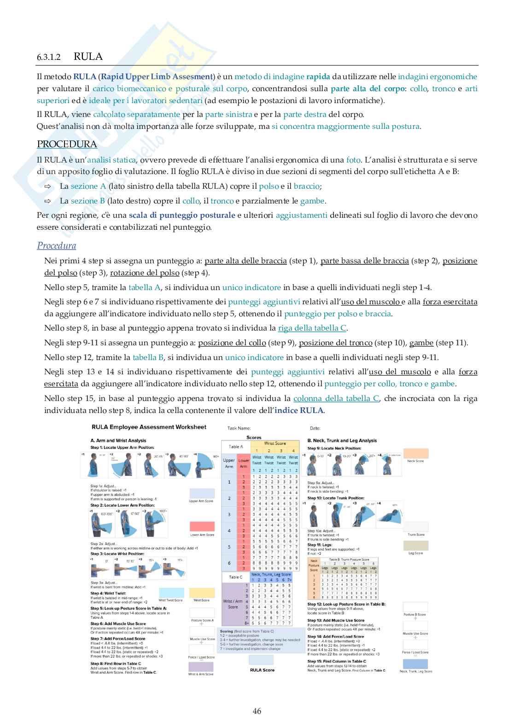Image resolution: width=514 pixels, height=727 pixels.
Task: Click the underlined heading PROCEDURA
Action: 67,144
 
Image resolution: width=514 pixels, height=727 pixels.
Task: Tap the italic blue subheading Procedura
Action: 57,245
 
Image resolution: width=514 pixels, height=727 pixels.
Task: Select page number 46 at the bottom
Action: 257,711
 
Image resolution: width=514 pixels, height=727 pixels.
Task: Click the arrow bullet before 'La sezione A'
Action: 48,186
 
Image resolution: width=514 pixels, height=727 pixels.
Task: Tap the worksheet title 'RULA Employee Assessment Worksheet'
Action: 149,427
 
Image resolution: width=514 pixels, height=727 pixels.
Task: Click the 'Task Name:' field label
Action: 239,428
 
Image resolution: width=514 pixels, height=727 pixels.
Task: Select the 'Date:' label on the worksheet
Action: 315,428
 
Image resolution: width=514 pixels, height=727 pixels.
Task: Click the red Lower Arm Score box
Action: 202,527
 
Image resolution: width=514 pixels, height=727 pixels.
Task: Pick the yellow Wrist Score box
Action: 201,593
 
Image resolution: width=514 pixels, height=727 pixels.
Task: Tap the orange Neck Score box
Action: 415,453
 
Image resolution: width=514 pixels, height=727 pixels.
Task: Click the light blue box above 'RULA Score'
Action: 262,660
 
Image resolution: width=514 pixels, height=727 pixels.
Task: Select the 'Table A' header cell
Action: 236,446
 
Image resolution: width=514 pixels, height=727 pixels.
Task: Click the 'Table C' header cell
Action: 236,577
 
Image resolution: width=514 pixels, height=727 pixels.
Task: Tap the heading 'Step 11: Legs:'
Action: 319,544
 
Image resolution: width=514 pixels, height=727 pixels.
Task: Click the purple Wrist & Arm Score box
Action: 201,667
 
